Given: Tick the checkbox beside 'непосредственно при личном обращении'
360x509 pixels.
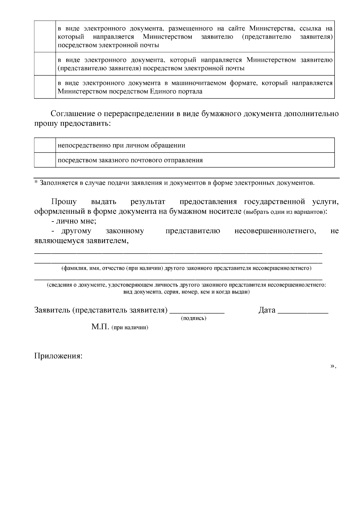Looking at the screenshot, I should tap(45, 145).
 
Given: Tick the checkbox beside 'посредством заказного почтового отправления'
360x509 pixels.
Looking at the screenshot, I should tap(45, 160).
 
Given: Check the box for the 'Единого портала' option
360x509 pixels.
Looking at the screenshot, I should tap(45, 87).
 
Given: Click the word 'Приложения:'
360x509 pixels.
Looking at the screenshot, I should tap(58, 356).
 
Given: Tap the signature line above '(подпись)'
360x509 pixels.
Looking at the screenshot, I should tap(197, 312).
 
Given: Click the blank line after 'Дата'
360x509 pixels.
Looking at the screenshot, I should tap(303, 312).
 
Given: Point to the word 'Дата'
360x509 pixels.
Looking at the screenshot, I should tap(267, 310).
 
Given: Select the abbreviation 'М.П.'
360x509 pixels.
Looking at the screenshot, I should tap(100, 327).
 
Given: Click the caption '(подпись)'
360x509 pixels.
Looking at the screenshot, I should tap(194, 318).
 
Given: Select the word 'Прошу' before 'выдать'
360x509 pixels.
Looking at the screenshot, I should tap(64, 201).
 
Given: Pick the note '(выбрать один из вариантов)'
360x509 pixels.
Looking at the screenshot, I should tap(285, 212).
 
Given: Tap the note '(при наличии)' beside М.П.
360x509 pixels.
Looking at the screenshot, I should tap(130, 328).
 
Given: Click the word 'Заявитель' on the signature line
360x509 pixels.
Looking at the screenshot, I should tap(52, 310).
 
